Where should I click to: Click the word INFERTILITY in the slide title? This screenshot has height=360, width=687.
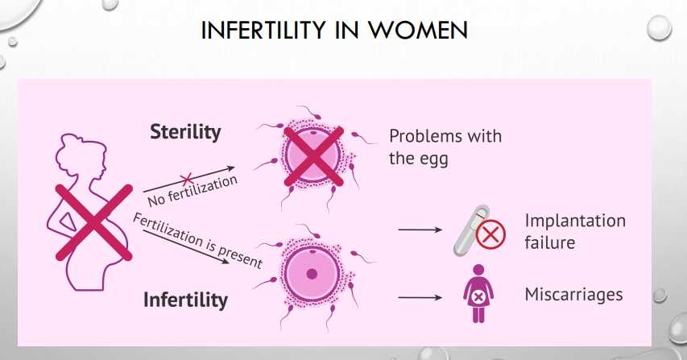263,31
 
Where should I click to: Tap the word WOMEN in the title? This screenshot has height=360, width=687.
417,31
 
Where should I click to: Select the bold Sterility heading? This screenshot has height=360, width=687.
185,132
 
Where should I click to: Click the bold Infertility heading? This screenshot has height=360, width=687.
186,300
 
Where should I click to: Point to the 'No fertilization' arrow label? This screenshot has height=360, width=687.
192,192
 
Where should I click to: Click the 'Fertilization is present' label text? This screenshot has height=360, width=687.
197,240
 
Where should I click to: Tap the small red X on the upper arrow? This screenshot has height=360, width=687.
187,179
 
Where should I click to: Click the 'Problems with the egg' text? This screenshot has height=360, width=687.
445,147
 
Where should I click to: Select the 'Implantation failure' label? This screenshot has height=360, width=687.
575,231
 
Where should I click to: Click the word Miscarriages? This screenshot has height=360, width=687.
573,294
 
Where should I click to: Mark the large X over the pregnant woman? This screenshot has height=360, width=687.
93,223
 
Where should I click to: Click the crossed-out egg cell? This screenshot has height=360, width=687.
312,156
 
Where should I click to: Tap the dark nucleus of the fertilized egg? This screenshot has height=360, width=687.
312,274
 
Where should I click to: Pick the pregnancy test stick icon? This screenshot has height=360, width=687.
471,230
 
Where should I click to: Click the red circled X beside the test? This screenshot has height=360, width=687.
490,234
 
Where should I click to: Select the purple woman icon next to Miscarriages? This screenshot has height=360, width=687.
478,293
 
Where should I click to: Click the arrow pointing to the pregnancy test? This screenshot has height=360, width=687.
420,230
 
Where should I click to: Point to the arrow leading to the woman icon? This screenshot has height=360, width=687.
420,297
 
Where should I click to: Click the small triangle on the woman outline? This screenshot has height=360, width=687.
68,221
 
